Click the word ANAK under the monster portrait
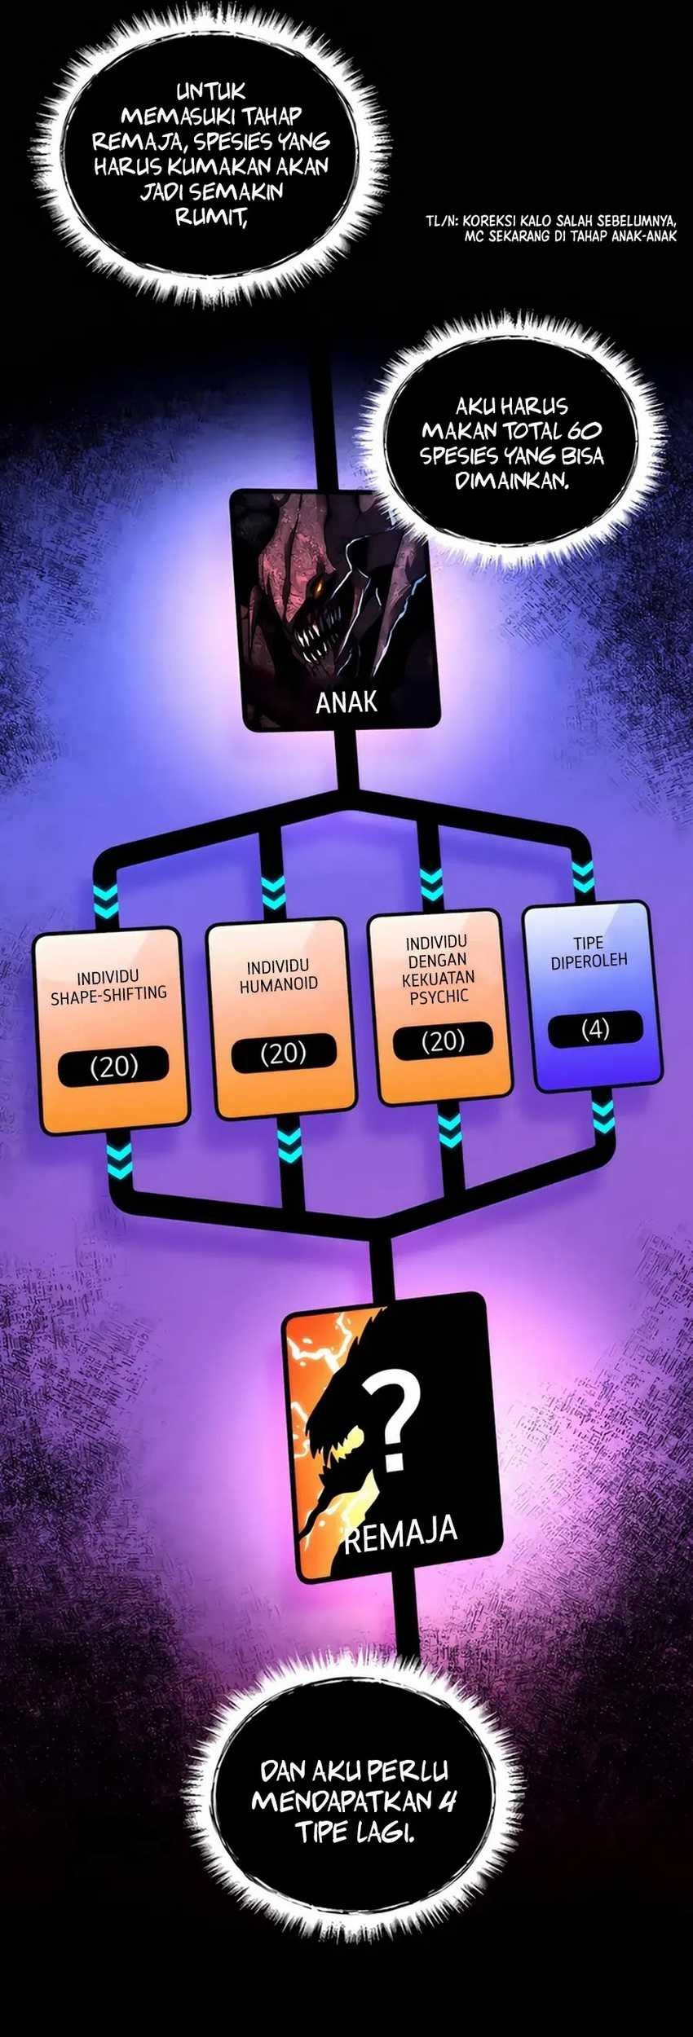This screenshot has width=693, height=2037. pyautogui.click(x=346, y=702)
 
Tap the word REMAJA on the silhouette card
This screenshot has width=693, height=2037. pyautogui.click(x=400, y=1534)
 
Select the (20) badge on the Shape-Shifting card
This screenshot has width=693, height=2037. pyautogui.click(x=114, y=1067)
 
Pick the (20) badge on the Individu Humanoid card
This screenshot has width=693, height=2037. pyautogui.click(x=282, y=1054)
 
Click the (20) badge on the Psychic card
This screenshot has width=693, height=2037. pyautogui.click(x=443, y=1041)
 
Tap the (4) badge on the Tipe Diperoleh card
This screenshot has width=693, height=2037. pyautogui.click(x=595, y=1029)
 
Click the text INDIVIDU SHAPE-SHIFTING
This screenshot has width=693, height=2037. pyautogui.click(x=108, y=985)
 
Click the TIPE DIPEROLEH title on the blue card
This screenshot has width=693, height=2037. pyautogui.click(x=589, y=952)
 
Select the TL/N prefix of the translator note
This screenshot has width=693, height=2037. pyautogui.click(x=441, y=220)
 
